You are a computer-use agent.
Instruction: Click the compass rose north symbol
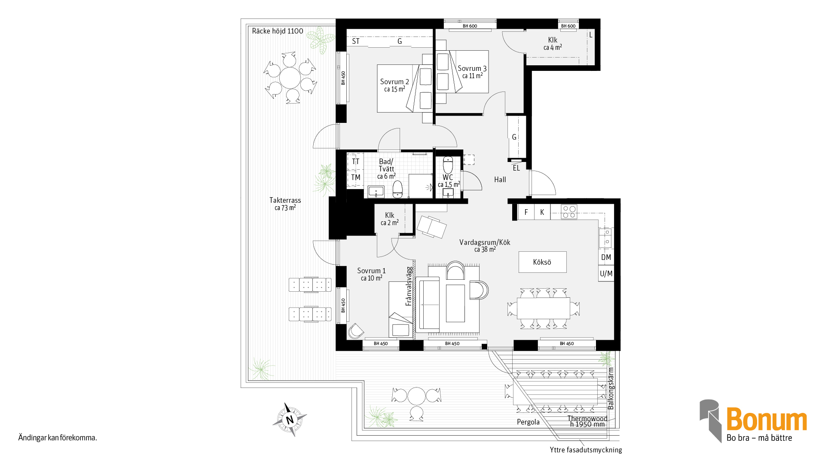(290, 420)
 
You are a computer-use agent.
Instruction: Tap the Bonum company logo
(753, 421)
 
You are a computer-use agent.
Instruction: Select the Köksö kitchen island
(542, 262)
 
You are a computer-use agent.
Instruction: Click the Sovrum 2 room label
(394, 85)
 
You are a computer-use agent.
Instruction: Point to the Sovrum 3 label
(472, 72)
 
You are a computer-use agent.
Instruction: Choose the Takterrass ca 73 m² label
(285, 204)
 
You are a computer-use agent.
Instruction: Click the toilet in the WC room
(448, 165)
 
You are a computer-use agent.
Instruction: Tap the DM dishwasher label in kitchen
(606, 257)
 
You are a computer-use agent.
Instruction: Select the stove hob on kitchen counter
(569, 212)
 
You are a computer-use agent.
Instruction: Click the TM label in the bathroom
(356, 177)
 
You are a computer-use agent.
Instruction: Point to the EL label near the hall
(516, 168)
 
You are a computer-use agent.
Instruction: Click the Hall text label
(500, 180)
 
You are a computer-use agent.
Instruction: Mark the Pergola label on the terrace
(528, 422)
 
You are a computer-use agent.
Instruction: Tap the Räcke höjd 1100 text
(278, 31)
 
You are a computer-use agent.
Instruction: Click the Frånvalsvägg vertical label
(409, 286)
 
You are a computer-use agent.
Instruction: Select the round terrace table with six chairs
(290, 78)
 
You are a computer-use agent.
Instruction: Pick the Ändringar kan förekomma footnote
(58, 438)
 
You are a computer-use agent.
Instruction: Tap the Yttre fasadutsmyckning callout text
(586, 450)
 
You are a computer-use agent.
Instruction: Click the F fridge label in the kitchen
(526, 212)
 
